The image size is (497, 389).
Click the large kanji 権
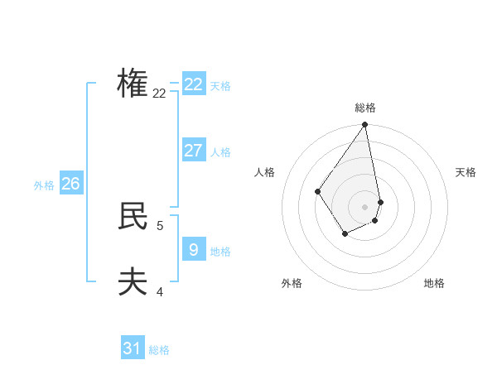point(133,83)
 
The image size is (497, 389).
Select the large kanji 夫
point(133,281)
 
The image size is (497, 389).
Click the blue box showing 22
point(194,84)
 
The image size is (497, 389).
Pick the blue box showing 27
point(194,150)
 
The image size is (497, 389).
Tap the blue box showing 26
point(70,183)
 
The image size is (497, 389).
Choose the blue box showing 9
point(194,249)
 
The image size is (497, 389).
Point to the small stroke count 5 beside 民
point(160,224)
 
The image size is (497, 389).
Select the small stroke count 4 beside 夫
point(160,291)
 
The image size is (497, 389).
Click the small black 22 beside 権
point(159,93)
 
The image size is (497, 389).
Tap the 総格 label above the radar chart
point(365,108)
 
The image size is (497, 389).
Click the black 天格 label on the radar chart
point(466,172)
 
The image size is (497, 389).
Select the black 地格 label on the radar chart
point(434,283)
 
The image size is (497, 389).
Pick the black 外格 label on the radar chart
point(292,283)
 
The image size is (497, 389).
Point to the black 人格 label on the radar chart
point(264,172)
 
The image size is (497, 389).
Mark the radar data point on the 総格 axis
point(365,125)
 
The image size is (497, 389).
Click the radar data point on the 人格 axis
point(317,191)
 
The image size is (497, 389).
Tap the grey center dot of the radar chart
point(364,207)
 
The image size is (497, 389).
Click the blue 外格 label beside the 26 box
point(44,185)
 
